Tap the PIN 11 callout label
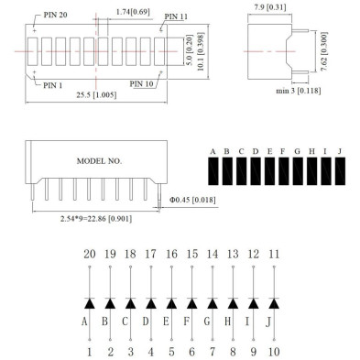click(x=177, y=16)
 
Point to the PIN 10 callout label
click(x=144, y=83)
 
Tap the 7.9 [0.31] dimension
click(x=267, y=8)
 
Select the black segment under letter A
click(x=212, y=173)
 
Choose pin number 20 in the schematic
click(x=89, y=253)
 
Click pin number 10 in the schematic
click(x=273, y=351)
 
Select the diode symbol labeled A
click(x=89, y=302)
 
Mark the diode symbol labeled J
click(x=273, y=302)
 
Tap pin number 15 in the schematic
click(x=191, y=253)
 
